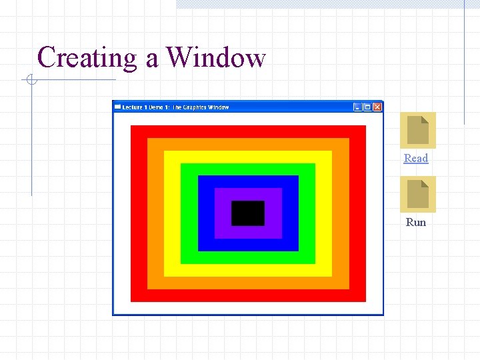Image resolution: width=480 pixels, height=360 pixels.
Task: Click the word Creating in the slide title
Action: point(87,58)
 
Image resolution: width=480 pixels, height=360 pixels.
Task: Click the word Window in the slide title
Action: point(215,57)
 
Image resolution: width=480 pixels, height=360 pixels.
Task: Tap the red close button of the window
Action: point(377,107)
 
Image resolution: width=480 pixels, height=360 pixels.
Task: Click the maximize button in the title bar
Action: point(367,107)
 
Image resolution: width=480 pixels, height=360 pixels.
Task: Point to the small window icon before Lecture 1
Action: point(118,107)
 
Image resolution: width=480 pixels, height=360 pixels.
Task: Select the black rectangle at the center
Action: point(248,213)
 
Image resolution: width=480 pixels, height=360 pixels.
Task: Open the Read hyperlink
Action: point(416,158)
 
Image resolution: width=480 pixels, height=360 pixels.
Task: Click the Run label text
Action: point(416,222)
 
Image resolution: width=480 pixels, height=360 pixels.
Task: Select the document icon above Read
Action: point(417,130)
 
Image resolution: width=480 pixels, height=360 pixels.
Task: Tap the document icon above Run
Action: point(417,194)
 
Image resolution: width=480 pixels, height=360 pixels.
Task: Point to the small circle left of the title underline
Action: point(31,81)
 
